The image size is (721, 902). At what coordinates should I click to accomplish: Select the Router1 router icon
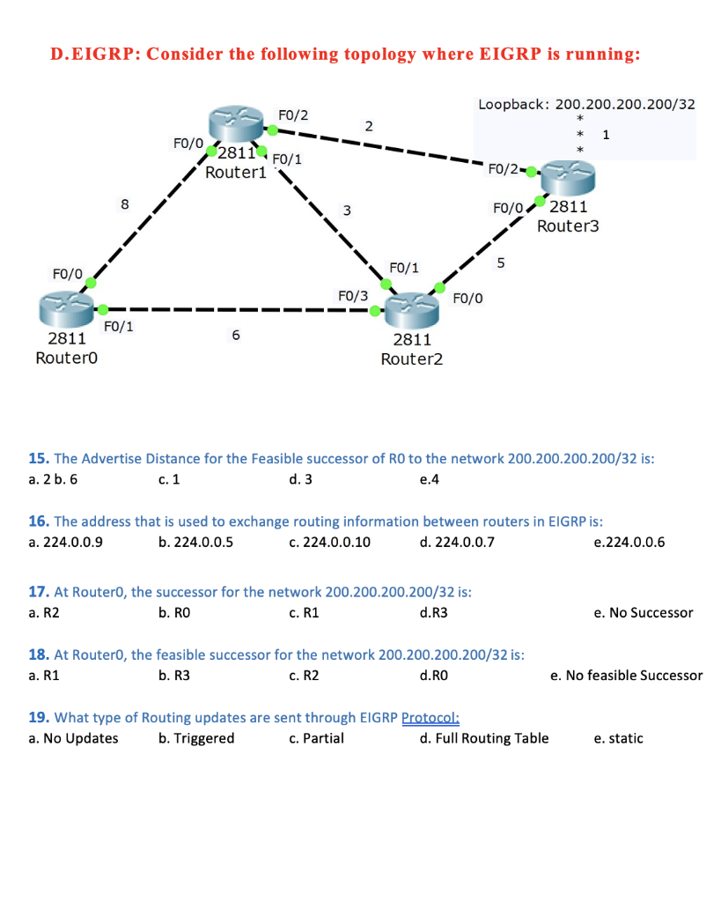tap(236, 124)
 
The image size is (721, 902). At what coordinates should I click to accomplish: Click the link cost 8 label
tap(124, 204)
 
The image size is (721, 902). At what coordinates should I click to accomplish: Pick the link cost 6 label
tap(235, 335)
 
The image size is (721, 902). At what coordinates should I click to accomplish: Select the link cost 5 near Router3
tap(501, 262)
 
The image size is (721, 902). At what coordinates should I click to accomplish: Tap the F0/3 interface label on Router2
tap(353, 296)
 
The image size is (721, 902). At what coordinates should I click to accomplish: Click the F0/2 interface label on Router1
tap(293, 115)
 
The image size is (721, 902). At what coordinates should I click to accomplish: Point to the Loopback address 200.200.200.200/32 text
tap(586, 104)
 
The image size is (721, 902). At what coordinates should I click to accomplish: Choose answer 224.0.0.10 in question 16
tap(329, 542)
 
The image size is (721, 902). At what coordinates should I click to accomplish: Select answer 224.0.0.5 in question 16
tap(195, 542)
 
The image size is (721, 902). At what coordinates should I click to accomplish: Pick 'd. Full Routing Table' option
tap(484, 738)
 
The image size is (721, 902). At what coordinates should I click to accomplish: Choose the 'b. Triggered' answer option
tap(196, 738)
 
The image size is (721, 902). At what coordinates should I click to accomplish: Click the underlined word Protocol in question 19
tap(431, 717)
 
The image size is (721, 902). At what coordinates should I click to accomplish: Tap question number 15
tap(39, 458)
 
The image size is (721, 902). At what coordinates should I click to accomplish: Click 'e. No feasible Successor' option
tap(626, 676)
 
